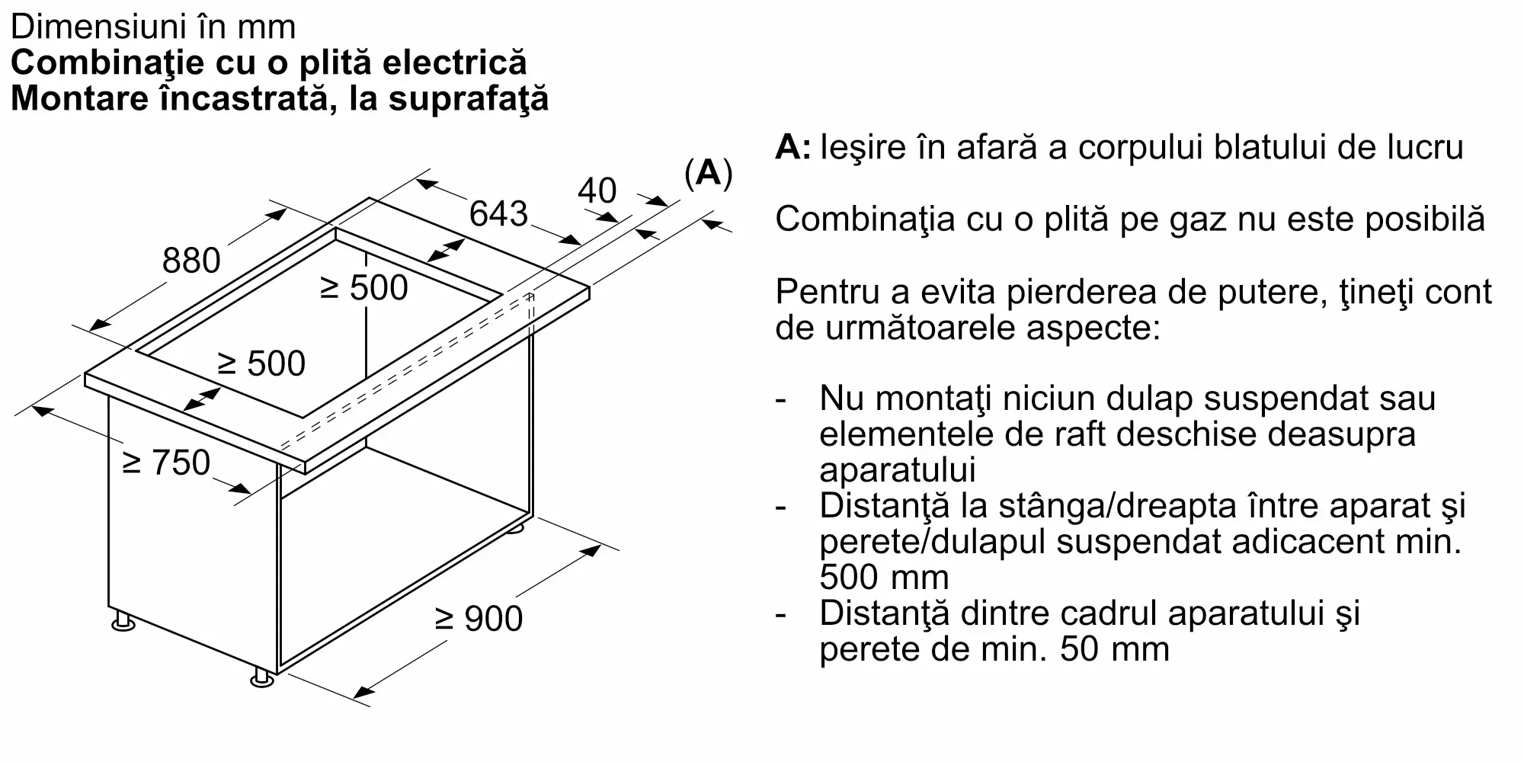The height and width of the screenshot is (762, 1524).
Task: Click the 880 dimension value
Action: point(191,261)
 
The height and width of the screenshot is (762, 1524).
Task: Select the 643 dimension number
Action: point(498,213)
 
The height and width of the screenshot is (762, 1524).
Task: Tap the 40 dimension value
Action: point(597,190)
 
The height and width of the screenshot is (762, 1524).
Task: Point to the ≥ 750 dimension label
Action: point(166,463)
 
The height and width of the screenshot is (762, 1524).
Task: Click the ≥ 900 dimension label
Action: point(479,618)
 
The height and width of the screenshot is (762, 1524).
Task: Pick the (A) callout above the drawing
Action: point(709,174)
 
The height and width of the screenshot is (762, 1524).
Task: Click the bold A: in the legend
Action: point(793,148)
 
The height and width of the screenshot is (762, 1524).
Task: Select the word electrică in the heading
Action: point(455,62)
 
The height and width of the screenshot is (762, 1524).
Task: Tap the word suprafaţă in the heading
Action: point(469,100)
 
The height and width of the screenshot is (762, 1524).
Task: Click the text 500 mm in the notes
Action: point(884,577)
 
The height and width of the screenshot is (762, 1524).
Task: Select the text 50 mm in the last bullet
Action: point(1114,649)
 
